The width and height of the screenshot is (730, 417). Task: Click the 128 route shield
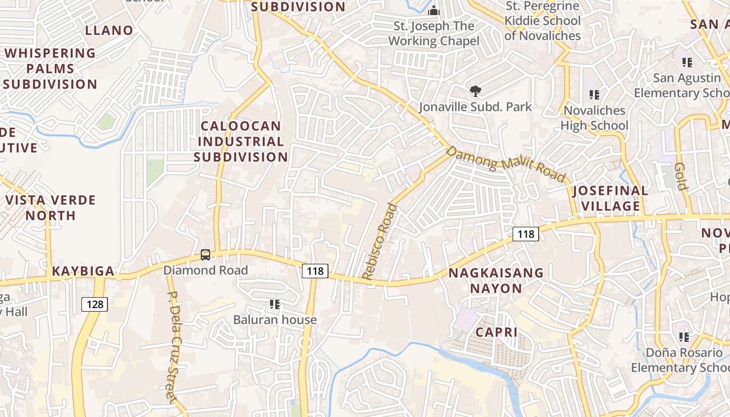(94, 304)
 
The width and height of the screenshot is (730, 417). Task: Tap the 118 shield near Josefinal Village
(526, 234)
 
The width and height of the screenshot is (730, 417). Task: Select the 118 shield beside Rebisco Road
(315, 271)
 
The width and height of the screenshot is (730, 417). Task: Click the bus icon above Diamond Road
(205, 255)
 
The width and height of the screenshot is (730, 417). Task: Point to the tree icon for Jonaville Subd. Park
(475, 91)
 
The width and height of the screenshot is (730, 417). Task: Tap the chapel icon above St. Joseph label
(433, 10)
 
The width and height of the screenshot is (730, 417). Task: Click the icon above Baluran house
(275, 304)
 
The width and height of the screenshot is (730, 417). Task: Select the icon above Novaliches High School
(594, 95)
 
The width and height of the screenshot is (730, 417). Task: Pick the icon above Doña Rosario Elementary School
(684, 337)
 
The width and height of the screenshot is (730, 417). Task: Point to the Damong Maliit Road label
(506, 164)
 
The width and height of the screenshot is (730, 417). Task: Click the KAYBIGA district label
(83, 271)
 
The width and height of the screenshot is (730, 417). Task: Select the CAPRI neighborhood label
(496, 332)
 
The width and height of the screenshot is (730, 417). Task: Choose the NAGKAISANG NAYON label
(496, 280)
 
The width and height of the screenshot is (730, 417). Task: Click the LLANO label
(110, 30)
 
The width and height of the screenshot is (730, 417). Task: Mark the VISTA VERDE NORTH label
(51, 207)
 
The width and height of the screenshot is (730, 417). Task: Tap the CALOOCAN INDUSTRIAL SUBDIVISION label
(241, 141)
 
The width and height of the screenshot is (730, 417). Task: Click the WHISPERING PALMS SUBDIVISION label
(51, 68)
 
